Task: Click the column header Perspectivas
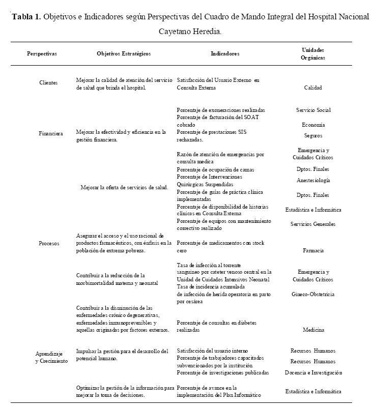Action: coord(42,53)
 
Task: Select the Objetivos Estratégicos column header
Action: coord(124,53)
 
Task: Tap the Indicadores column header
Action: coord(224,53)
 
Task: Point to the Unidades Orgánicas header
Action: coord(313,53)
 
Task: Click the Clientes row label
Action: coord(48,82)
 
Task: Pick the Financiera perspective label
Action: coord(51,134)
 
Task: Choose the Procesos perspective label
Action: coord(49,243)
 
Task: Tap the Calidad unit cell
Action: coord(313,88)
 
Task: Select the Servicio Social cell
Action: coord(313,110)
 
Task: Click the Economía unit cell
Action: coord(313,125)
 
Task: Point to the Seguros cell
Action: coord(313,136)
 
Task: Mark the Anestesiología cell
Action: coord(313,180)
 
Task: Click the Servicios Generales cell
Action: coord(313,224)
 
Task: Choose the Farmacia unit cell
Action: coord(313,250)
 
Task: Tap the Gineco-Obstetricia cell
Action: coord(313,294)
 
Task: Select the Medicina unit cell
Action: coord(313,330)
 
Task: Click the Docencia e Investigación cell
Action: coord(313,372)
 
